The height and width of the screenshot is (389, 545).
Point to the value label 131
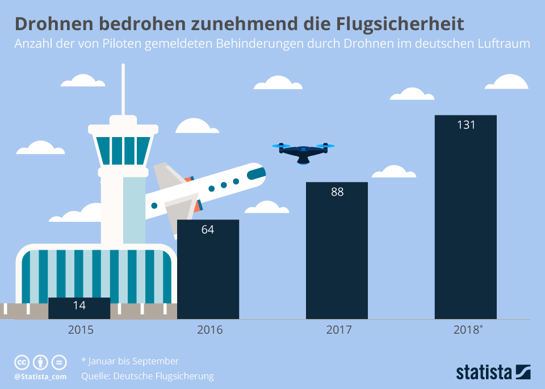pos(466,125)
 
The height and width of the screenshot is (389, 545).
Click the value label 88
pos(337,192)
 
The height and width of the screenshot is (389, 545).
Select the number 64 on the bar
pos(208,230)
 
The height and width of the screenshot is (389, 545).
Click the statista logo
pos(493,372)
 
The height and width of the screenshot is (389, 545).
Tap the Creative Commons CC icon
pos(22,362)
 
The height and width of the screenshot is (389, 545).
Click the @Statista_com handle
pos(40,376)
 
